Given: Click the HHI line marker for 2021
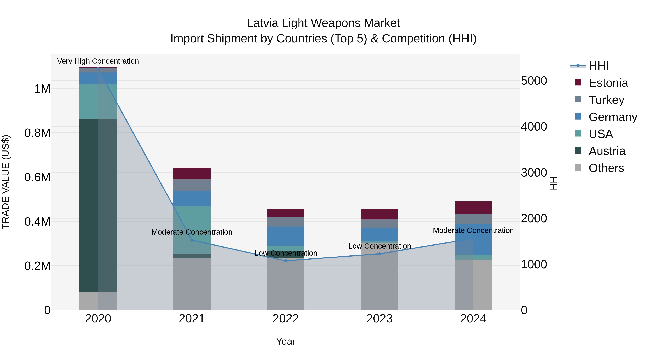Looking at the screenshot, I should (192, 240).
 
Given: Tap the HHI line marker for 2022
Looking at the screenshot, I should (286, 261).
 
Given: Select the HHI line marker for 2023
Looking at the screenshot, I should (380, 254).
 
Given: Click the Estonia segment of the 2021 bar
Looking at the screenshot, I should (192, 173).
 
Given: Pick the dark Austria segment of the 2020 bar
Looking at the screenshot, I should (89, 205).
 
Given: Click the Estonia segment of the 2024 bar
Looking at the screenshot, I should (473, 207).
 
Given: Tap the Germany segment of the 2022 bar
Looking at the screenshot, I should (286, 236).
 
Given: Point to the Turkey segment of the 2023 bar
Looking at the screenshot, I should (380, 224).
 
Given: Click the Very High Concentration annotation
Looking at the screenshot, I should (98, 61).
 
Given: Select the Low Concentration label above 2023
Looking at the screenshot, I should (380, 246).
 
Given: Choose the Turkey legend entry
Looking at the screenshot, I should (606, 100).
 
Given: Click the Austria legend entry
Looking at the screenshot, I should (607, 151).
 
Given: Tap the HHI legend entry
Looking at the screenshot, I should (598, 66).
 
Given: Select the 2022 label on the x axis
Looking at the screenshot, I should (286, 319).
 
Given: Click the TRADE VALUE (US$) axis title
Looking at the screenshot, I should (6, 182).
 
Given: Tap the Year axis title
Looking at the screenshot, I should (286, 341).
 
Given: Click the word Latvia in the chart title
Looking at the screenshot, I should (263, 23).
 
